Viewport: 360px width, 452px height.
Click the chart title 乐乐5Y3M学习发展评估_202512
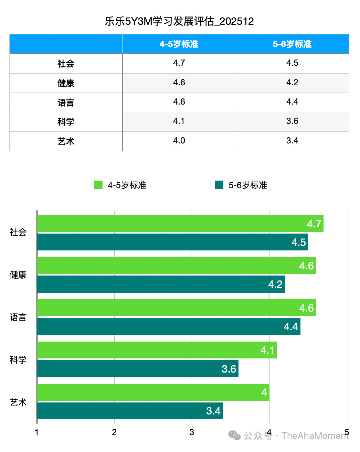click(179, 21)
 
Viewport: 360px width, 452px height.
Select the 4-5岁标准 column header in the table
click(179, 44)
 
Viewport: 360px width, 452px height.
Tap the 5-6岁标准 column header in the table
click(292, 44)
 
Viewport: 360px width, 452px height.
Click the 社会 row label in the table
click(66, 64)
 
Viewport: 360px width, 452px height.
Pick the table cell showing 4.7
click(179, 63)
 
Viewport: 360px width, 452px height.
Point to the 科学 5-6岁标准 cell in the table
click(292, 121)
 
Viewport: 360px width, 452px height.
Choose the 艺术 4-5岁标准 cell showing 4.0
click(179, 141)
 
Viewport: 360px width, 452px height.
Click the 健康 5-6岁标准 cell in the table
click(292, 83)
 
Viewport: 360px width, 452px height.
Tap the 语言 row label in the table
click(66, 103)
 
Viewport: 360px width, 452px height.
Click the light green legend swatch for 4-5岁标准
click(98, 185)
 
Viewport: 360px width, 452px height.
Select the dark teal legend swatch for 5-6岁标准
click(219, 185)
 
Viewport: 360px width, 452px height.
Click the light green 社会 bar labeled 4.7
click(180, 224)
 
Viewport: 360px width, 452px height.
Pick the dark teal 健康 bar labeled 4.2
click(161, 284)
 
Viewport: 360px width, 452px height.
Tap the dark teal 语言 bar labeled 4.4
click(169, 326)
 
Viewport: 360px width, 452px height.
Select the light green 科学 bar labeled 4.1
click(157, 350)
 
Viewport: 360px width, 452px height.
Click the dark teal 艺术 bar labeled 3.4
click(130, 411)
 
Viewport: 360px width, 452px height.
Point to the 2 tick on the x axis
click(114, 432)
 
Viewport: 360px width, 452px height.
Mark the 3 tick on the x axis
click(192, 432)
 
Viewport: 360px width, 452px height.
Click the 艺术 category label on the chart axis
click(18, 402)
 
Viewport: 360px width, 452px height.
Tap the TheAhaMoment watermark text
click(315, 436)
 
